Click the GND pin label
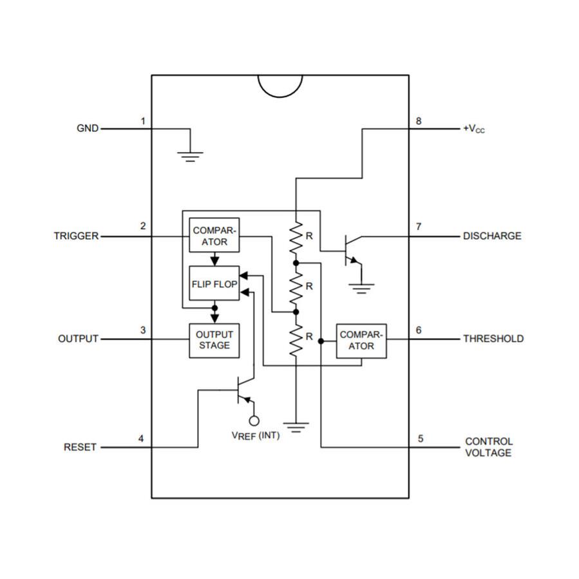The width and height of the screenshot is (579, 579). [x=88, y=128]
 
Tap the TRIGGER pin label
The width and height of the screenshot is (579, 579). [x=76, y=236]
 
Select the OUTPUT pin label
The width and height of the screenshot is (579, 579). [x=78, y=339]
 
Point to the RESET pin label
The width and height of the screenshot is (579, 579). [x=80, y=447]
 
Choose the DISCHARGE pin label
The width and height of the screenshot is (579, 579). [x=492, y=236]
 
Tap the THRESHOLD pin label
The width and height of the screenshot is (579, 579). [x=493, y=339]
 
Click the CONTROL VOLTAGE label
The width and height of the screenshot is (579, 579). [x=489, y=447]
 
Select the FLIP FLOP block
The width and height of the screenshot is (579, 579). [x=214, y=283]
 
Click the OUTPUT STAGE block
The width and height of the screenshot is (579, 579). [x=214, y=339]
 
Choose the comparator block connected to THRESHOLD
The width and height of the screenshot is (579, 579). [x=361, y=340]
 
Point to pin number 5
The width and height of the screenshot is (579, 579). [x=421, y=439]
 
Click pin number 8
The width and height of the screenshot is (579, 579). [x=419, y=121]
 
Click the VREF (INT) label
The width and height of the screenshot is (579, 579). [x=256, y=435]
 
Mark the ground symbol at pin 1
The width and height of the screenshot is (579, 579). [x=191, y=155]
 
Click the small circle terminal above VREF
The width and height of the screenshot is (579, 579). [x=254, y=421]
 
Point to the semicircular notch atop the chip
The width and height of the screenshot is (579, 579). [x=280, y=85]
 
